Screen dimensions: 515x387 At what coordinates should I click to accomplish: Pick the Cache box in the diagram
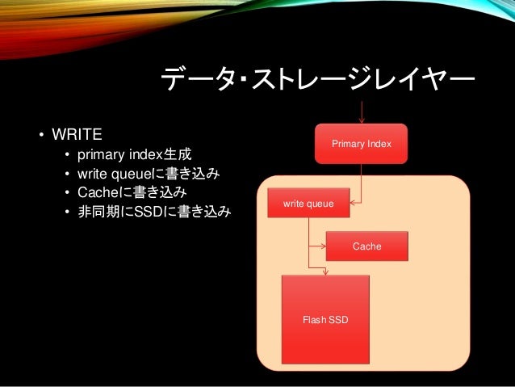point(366,246)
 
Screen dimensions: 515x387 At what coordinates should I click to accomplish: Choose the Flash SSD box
point(324,320)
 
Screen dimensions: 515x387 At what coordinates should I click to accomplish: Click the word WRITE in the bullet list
point(78,133)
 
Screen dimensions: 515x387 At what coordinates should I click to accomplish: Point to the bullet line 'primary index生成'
point(134,154)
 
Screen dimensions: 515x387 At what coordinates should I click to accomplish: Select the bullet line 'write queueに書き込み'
point(149,174)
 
